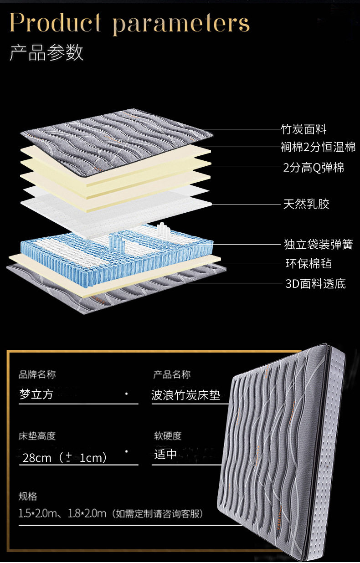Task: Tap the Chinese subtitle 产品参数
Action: pyautogui.click(x=46, y=53)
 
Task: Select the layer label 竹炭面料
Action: pyautogui.click(x=303, y=130)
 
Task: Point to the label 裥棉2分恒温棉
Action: pyautogui.click(x=318, y=147)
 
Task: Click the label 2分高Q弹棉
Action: pyautogui.click(x=314, y=168)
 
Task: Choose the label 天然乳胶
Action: pyautogui.click(x=306, y=204)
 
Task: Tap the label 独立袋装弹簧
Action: pyautogui.click(x=318, y=245)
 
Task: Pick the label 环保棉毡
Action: pyautogui.click(x=309, y=263)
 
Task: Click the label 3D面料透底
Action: pyautogui.click(x=315, y=284)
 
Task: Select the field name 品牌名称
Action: pyautogui.click(x=37, y=375)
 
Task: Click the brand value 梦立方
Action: pyautogui.click(x=36, y=394)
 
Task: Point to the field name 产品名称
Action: pyautogui.click(x=172, y=375)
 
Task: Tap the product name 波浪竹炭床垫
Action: pyautogui.click(x=186, y=395)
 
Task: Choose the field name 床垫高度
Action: pyautogui.click(x=37, y=436)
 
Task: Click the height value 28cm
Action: pyautogui.click(x=37, y=457)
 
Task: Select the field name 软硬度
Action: pyautogui.click(x=168, y=436)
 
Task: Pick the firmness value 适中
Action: pyautogui.click(x=165, y=454)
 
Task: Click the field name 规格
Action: pyautogui.click(x=28, y=496)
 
